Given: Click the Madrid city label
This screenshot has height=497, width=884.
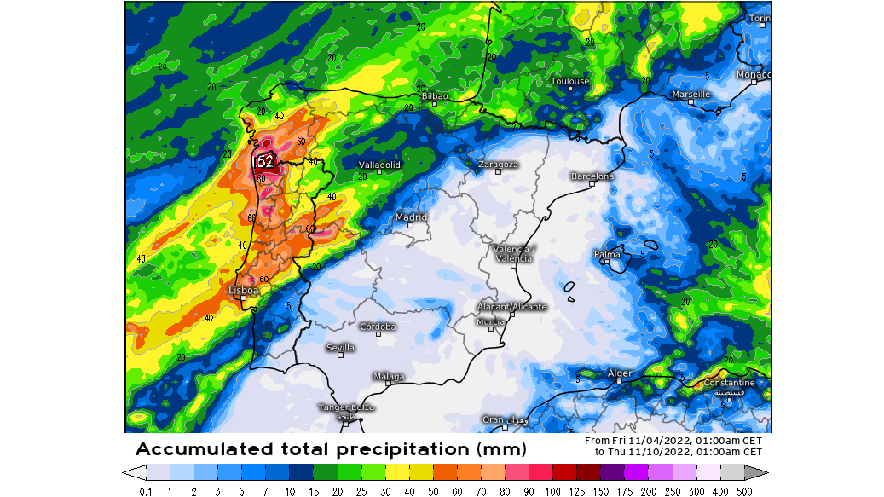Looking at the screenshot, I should [x=410, y=217].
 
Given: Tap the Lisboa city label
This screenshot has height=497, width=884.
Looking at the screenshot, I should [x=243, y=290].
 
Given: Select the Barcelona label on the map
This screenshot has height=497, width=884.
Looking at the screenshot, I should [x=592, y=176].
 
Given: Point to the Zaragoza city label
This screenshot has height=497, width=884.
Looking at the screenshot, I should [x=498, y=164].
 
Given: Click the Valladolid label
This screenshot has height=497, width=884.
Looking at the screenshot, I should [x=379, y=165].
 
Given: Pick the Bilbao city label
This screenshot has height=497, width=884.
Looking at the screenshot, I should [x=434, y=96].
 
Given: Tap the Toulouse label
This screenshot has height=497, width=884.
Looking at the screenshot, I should [x=569, y=82].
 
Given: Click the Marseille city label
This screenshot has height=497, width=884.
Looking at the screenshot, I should [x=690, y=94].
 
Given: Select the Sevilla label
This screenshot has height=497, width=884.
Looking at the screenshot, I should [x=341, y=347].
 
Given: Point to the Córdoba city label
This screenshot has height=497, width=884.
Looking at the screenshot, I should [x=378, y=327].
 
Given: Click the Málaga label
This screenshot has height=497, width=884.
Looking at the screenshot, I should [x=389, y=376].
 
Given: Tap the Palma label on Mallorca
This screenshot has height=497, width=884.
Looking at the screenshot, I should [x=607, y=254].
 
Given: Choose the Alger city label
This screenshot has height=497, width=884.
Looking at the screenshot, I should [x=620, y=373].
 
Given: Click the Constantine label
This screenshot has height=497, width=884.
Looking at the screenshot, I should [x=730, y=383].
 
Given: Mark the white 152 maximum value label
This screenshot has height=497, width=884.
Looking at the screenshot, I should [x=264, y=161].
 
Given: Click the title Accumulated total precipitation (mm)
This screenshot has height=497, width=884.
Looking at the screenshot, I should [x=331, y=448].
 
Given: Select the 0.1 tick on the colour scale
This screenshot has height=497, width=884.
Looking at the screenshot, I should [x=145, y=490].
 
